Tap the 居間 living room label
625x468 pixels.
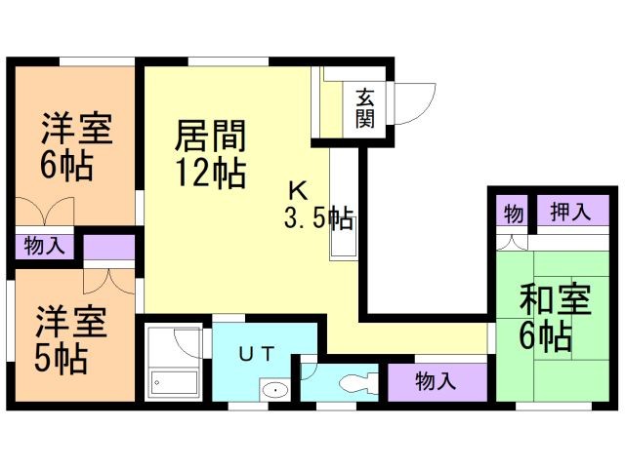point(210,136)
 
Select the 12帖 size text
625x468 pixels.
point(210,173)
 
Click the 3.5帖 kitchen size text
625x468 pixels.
point(318,216)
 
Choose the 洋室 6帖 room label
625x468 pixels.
point(75,146)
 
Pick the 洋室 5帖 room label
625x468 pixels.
point(71,339)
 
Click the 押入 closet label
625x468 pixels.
point(569,213)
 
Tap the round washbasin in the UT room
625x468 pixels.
point(276,391)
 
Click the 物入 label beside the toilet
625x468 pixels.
point(436,381)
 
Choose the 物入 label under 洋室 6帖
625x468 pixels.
point(45,246)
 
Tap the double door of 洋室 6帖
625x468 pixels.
point(45,212)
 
